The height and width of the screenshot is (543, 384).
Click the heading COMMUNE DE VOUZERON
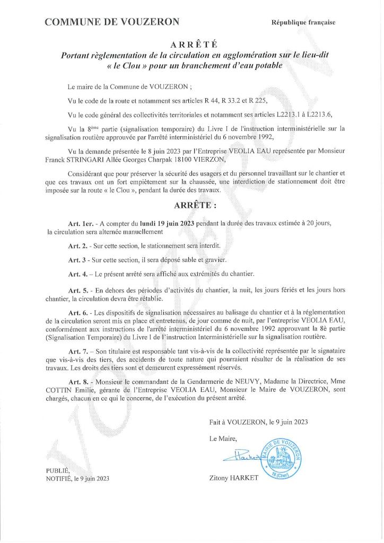(112, 22)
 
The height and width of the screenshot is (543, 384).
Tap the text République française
(303, 22)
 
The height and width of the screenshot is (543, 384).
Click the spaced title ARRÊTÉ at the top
(191, 45)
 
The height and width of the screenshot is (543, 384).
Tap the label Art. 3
(77, 260)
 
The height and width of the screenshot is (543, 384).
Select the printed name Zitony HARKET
(234, 478)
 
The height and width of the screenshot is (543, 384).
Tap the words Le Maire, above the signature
(222, 437)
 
